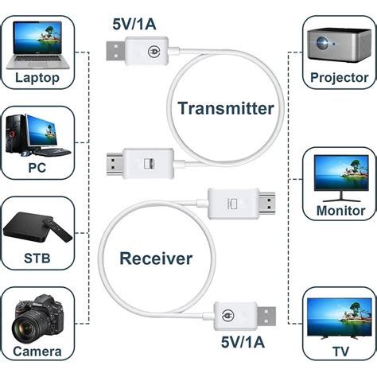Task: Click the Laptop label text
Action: pyautogui.click(x=37, y=78)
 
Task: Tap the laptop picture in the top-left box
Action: pyautogui.click(x=37, y=43)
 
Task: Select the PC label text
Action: pyautogui.click(x=37, y=169)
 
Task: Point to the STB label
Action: pyautogui.click(x=37, y=259)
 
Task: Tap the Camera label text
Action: pyautogui.click(x=37, y=350)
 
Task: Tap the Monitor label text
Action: pyautogui.click(x=340, y=211)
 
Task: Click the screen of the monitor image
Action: pyautogui.click(x=340, y=170)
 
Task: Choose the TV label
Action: pyautogui.click(x=340, y=350)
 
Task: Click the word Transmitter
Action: pyautogui.click(x=225, y=108)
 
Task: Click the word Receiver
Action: pyautogui.click(x=156, y=258)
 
